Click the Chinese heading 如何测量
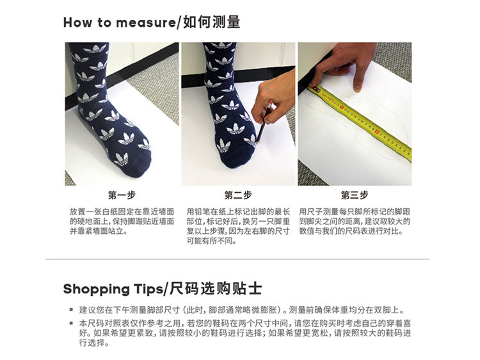[x=212, y=22]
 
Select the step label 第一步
[x=122, y=195]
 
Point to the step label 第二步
[x=238, y=195]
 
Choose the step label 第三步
[x=355, y=195]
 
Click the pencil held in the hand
[x=264, y=122]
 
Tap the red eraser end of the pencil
[x=271, y=102]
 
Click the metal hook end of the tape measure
[x=316, y=89]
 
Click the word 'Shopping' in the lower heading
[x=97, y=290]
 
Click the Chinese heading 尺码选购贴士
[x=216, y=289]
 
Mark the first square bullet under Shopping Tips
[x=71, y=310]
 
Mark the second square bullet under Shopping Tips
[x=71, y=323]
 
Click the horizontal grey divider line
[x=237, y=259]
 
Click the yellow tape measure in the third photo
[x=361, y=122]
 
